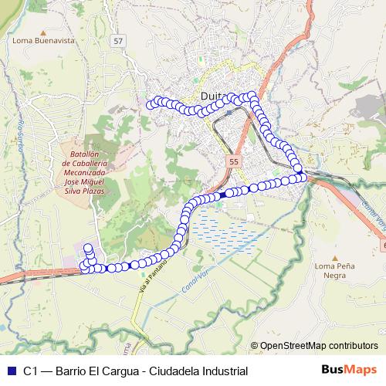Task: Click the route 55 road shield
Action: pos(234,161)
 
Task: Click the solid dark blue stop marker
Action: pos(222,195)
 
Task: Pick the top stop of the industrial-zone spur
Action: pos(87,248)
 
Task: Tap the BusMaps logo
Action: pos(349,371)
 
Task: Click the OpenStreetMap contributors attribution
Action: pos(319,347)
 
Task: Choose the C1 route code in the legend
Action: pos(31,371)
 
